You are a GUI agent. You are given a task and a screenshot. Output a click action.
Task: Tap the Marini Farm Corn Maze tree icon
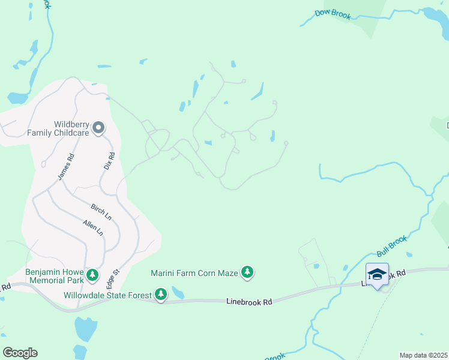click(247, 273)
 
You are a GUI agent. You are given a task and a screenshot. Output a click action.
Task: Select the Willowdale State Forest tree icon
click(160, 295)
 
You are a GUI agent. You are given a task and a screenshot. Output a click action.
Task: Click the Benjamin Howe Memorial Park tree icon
click(92, 275)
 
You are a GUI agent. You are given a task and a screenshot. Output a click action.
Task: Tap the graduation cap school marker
click(377, 275)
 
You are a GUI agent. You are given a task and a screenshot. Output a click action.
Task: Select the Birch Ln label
click(101, 211)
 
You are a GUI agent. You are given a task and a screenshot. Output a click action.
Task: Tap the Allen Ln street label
click(93, 227)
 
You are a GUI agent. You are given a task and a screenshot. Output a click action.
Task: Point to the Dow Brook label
click(333, 14)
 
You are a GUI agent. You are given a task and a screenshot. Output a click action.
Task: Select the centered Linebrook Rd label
click(249, 302)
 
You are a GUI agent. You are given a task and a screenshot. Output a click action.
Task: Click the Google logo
click(20, 353)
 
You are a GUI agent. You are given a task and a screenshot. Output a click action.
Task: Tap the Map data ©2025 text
click(423, 355)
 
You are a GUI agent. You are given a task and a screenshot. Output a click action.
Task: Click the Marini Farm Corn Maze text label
click(194, 274)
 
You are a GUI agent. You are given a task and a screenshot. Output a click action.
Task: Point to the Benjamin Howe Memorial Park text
click(54, 276)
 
